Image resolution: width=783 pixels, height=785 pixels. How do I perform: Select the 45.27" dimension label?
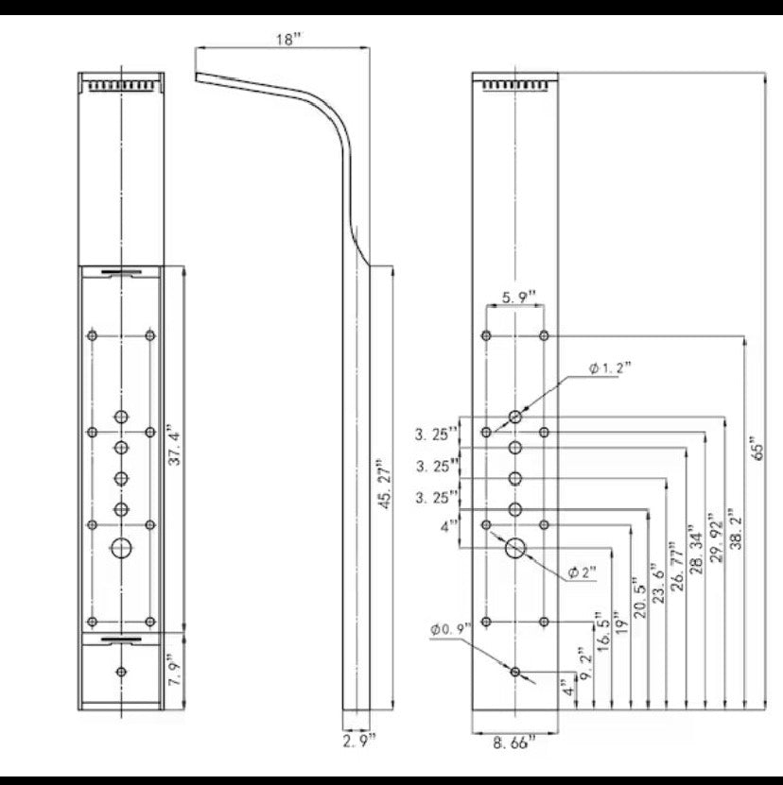[x=384, y=486]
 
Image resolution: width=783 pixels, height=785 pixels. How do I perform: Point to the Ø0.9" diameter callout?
[x=449, y=629]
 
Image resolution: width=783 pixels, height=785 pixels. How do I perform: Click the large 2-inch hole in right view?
[x=516, y=547]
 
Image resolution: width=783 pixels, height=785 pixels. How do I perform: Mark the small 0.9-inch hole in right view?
[x=515, y=671]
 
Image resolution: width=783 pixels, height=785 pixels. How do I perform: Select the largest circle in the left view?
[x=122, y=547]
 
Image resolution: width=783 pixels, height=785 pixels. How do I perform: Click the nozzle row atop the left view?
[x=122, y=86]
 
